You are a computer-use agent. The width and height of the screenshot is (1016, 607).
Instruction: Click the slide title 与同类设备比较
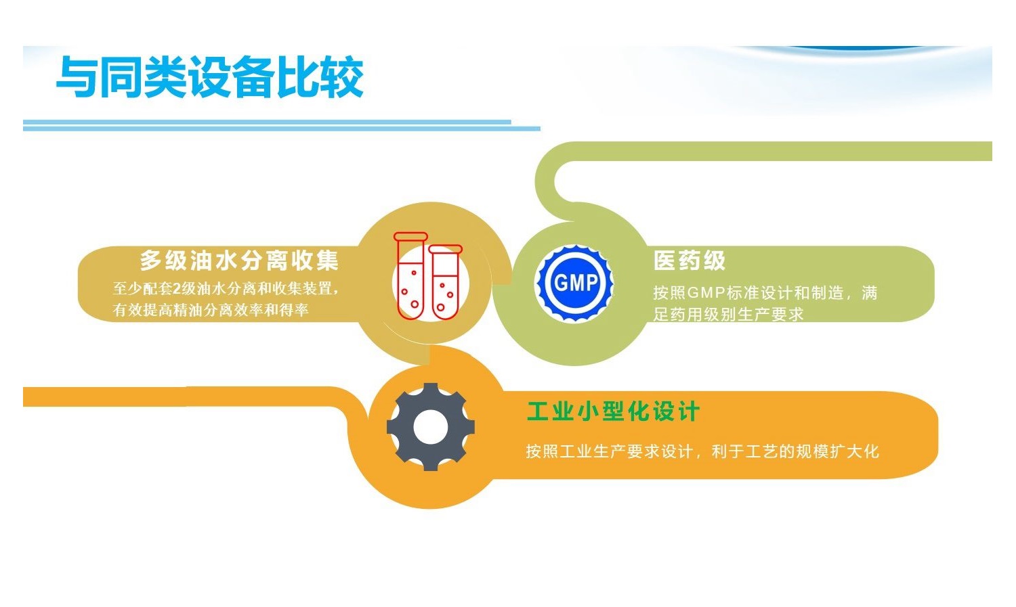coord(209,76)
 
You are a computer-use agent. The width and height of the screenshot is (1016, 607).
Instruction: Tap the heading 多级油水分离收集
coord(239,261)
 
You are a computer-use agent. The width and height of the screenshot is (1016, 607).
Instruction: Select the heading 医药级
coord(690,261)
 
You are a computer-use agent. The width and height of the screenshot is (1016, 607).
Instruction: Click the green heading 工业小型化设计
coord(613,411)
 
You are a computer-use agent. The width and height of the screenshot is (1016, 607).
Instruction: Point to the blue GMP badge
coord(575,283)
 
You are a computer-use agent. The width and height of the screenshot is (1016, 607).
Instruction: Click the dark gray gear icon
coord(430,427)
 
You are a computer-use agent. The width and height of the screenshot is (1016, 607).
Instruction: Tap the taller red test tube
coord(410,276)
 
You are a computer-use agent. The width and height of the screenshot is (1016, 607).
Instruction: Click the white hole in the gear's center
coord(430,427)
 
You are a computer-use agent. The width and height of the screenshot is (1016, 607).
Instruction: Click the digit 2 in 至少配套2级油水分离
coord(177,288)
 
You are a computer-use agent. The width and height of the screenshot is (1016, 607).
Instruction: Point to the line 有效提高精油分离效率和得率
coord(211,310)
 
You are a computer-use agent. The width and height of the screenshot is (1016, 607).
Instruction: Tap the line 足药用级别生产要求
coord(728,314)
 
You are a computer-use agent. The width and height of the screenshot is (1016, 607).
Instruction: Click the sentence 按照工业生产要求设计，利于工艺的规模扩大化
coord(702,451)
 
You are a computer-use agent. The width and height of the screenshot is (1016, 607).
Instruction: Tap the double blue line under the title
coord(282,125)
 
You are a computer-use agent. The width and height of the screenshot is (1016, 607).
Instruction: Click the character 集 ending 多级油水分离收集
coord(327,261)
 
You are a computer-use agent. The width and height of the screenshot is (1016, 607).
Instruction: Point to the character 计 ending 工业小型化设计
coord(689,411)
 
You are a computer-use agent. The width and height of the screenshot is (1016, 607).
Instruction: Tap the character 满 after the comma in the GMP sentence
coord(870,293)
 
